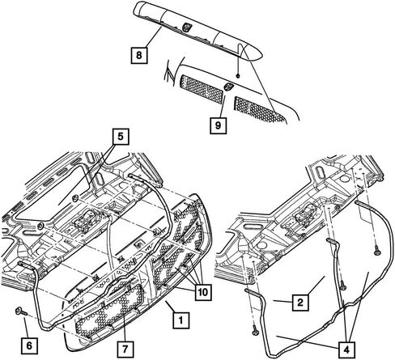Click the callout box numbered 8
(139, 56)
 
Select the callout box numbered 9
(218, 125)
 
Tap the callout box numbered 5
(121, 137)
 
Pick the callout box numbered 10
(203, 292)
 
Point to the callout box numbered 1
(181, 320)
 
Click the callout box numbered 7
(125, 349)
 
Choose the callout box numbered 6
(29, 345)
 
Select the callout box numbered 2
(300, 303)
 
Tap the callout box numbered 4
(346, 349)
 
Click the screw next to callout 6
(21, 311)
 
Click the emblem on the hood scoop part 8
(186, 27)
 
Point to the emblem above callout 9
(227, 87)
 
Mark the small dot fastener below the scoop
(238, 76)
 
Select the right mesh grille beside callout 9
(259, 109)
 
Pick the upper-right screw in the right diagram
(377, 252)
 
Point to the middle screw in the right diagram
(343, 287)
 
